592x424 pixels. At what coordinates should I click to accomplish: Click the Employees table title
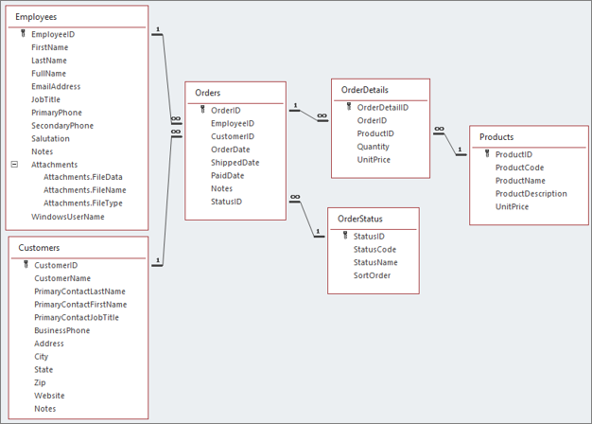click(36, 17)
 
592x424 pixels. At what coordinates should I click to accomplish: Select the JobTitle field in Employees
click(45, 99)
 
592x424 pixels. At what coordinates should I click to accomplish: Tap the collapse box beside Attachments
click(14, 165)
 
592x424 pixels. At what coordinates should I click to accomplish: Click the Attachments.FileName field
click(84, 190)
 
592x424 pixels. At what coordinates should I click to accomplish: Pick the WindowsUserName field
click(67, 217)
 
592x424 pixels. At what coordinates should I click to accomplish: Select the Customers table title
click(39, 248)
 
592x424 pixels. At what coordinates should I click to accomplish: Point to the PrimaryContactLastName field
click(79, 291)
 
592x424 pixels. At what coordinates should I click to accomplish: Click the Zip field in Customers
click(41, 382)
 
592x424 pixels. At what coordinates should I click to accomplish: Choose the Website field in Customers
click(49, 396)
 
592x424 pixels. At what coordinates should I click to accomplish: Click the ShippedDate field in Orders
click(235, 162)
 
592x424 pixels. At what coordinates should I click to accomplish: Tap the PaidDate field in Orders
click(227, 175)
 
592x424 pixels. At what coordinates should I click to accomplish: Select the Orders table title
click(208, 93)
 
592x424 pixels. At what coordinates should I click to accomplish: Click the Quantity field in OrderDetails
click(373, 147)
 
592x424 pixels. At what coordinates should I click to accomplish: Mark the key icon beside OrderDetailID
click(348, 107)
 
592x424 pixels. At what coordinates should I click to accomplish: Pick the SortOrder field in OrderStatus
click(372, 275)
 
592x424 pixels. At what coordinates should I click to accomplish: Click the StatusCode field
click(374, 249)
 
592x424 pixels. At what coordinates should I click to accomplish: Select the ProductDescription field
click(531, 194)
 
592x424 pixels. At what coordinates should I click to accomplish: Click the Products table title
click(496, 137)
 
